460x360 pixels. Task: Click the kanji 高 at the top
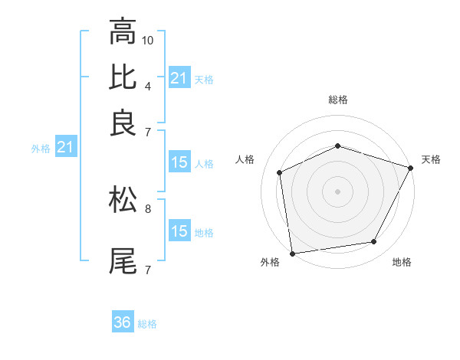[123, 33]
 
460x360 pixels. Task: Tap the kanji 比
[123, 77]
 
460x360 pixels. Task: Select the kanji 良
[123, 122]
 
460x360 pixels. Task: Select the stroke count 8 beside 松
[147, 207]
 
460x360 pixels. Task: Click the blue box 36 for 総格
[123, 322]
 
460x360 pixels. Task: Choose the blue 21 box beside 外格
[65, 147]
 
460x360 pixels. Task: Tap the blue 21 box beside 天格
[179, 78]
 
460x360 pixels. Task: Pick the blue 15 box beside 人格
[179, 162]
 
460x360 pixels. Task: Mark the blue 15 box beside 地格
[179, 231]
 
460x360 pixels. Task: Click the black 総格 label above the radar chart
[338, 100]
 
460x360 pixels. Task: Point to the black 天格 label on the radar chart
[431, 159]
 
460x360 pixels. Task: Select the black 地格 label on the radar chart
[402, 263]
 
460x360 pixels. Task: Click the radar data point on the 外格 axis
[292, 253]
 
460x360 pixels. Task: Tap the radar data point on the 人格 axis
[280, 172]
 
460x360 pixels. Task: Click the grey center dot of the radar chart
[337, 191]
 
